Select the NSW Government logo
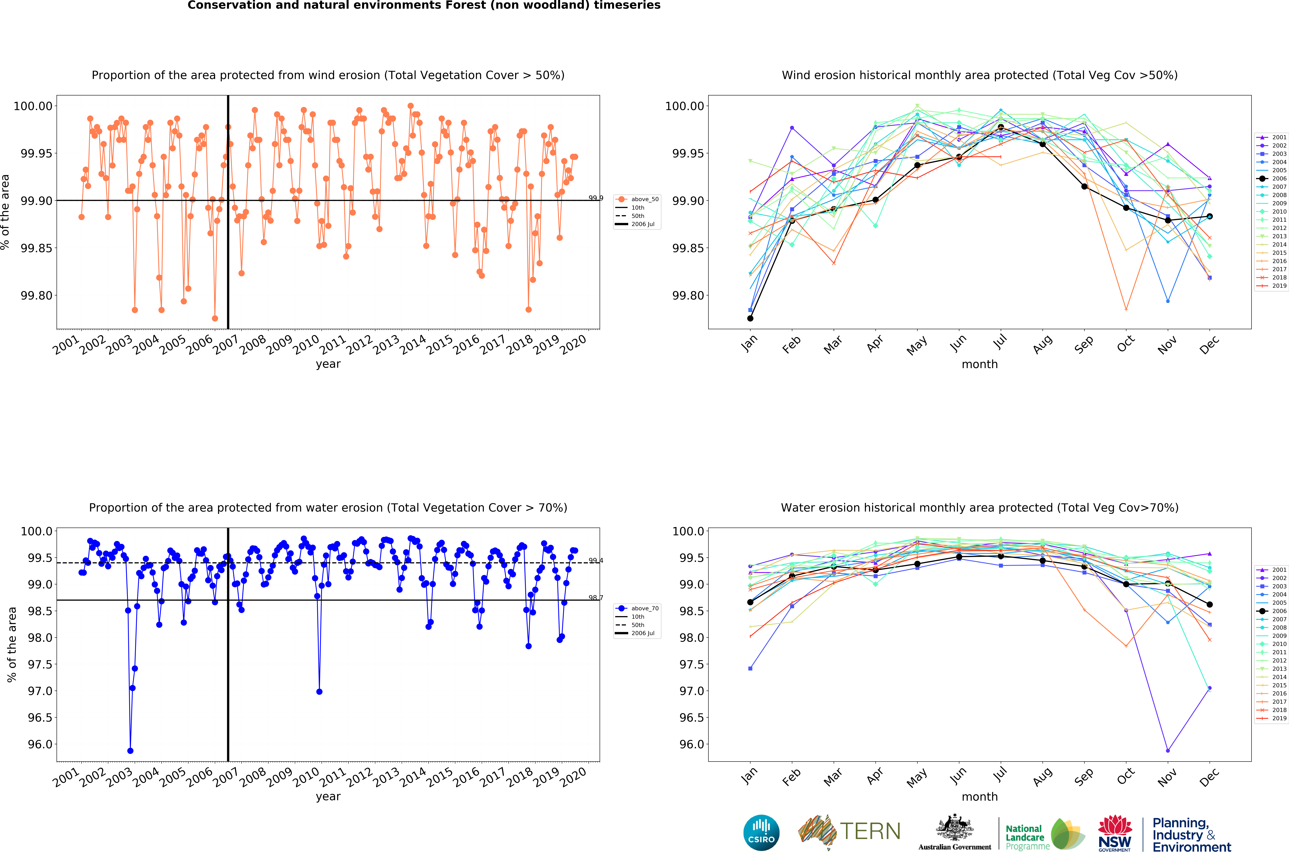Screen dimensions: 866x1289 1114,833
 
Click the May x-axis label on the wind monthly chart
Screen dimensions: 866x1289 917,346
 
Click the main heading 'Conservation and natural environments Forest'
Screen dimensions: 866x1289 424,6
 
